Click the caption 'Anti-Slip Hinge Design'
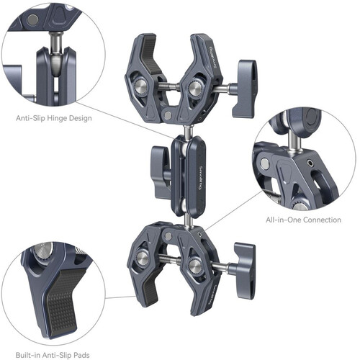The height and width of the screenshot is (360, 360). [54, 118]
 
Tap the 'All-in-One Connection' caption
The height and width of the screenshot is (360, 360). [303, 220]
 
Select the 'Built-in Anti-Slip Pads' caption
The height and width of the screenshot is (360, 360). [53, 355]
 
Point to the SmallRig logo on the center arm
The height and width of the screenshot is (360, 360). [201, 178]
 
